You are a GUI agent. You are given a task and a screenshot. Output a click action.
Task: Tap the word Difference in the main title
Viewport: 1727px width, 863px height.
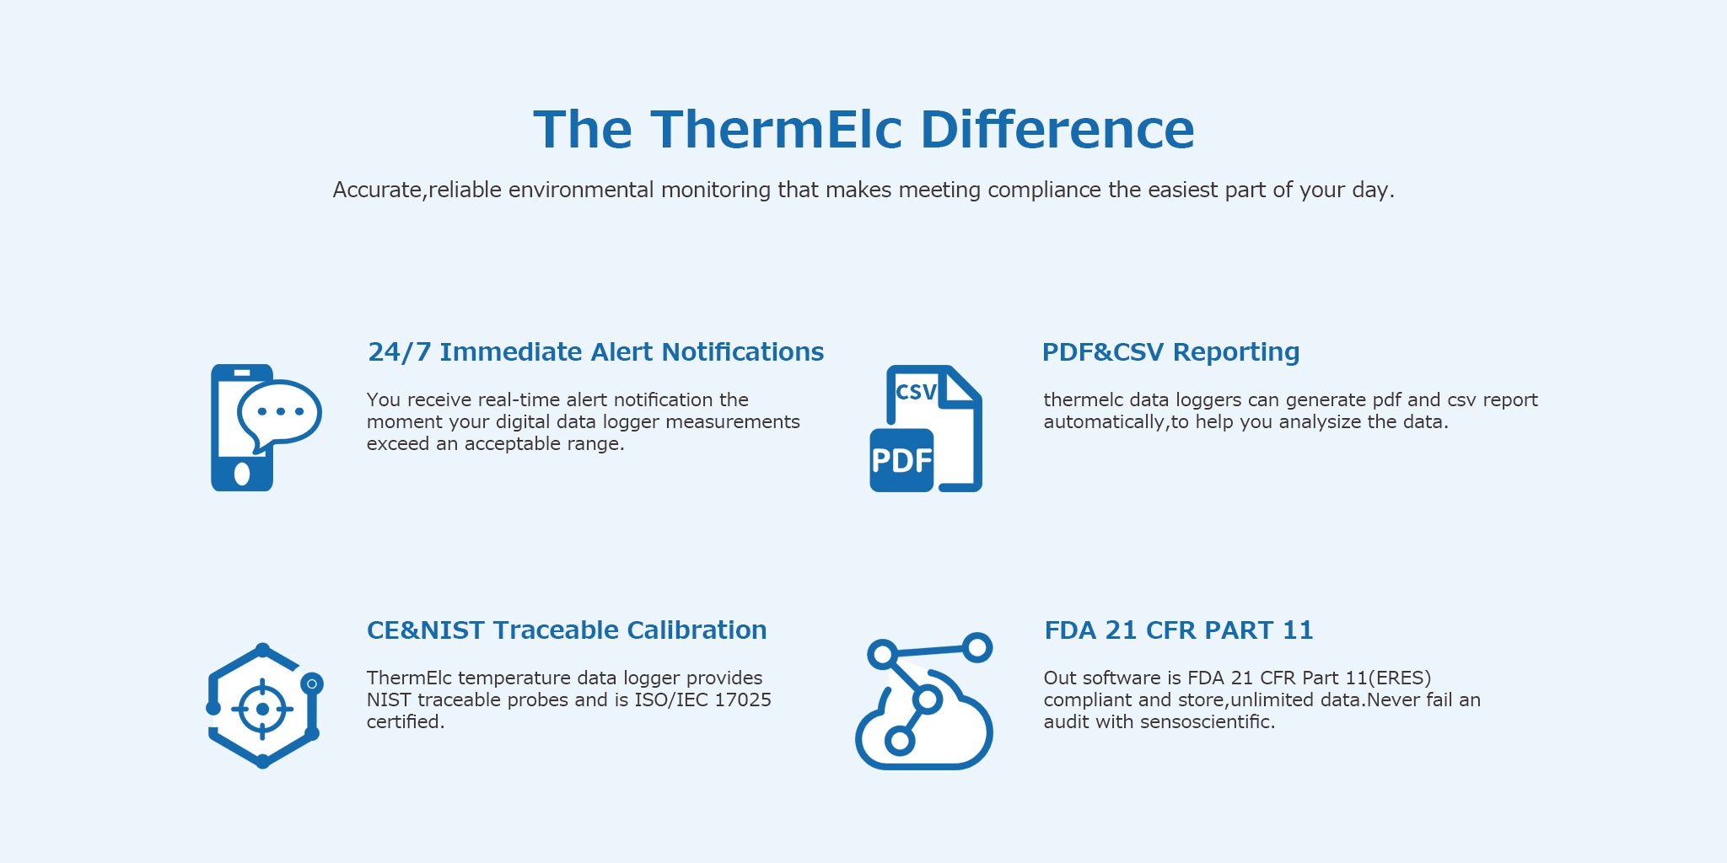1057,130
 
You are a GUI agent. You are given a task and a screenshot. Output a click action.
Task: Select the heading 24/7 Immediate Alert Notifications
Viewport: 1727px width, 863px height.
596,351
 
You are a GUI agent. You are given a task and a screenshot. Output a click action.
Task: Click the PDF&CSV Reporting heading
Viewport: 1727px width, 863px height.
1170,351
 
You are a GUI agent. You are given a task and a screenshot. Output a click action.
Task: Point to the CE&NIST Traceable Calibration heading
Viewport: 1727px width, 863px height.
567,630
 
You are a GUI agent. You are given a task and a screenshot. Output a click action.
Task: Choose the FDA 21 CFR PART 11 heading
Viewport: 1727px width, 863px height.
1179,630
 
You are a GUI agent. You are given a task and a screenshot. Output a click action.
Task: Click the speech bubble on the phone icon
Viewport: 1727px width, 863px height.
279,415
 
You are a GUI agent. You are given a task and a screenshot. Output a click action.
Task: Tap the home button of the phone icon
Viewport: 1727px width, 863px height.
242,474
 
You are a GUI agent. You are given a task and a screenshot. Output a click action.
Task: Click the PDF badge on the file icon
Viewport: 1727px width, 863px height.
901,460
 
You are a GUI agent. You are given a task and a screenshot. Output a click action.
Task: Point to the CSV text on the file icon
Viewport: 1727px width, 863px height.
917,392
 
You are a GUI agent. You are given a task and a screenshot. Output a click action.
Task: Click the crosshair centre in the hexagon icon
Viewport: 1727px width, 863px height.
262,709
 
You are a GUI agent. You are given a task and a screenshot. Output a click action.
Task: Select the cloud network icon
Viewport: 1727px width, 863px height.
924,701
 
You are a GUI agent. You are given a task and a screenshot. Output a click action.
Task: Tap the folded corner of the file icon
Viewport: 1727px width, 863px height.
961,386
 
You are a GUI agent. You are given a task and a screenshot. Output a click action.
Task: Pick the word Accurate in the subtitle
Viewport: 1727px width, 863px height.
377,190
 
